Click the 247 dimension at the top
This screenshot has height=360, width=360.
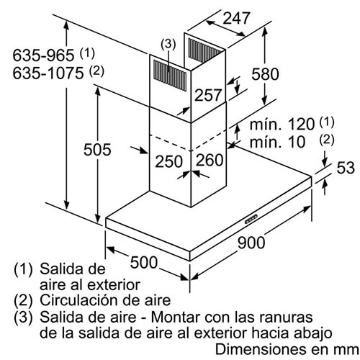236,18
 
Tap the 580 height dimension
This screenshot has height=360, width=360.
265,73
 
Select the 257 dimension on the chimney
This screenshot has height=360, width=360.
208,95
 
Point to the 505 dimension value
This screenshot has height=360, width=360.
97,150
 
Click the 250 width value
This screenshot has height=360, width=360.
169,161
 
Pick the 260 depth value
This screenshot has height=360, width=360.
210,160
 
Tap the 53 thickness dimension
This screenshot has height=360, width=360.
346,168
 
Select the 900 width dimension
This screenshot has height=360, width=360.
251,243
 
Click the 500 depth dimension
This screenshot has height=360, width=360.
144,262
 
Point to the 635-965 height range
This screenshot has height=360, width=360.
43,55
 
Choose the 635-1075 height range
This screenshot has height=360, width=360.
48,73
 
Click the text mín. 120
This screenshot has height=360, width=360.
282,124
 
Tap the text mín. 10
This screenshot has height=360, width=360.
277,142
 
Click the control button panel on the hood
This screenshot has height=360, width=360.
251,219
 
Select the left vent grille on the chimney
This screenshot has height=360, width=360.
170,75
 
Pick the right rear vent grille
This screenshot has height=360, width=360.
204,51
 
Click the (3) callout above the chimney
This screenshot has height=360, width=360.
168,45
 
